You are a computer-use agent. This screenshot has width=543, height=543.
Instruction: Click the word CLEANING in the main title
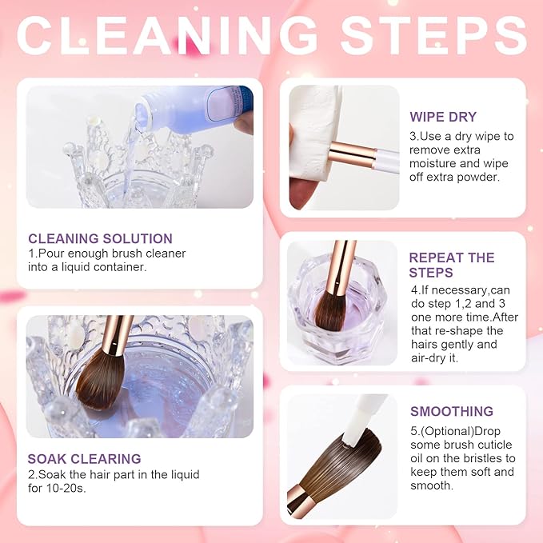167,35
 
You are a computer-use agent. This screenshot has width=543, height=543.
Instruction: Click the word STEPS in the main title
434,35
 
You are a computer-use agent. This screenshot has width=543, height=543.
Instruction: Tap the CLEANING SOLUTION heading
101,238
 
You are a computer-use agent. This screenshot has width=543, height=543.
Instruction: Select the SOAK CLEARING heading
84,459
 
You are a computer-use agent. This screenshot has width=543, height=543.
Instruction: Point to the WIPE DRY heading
443,117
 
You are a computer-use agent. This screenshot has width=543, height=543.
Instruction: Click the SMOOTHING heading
452,411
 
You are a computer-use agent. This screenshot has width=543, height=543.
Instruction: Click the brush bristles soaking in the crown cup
100,381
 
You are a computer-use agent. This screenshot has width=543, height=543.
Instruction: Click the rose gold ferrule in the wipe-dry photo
352,155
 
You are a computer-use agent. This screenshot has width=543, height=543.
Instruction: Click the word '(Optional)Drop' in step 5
455,431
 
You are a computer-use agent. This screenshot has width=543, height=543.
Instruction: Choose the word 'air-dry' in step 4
429,357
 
